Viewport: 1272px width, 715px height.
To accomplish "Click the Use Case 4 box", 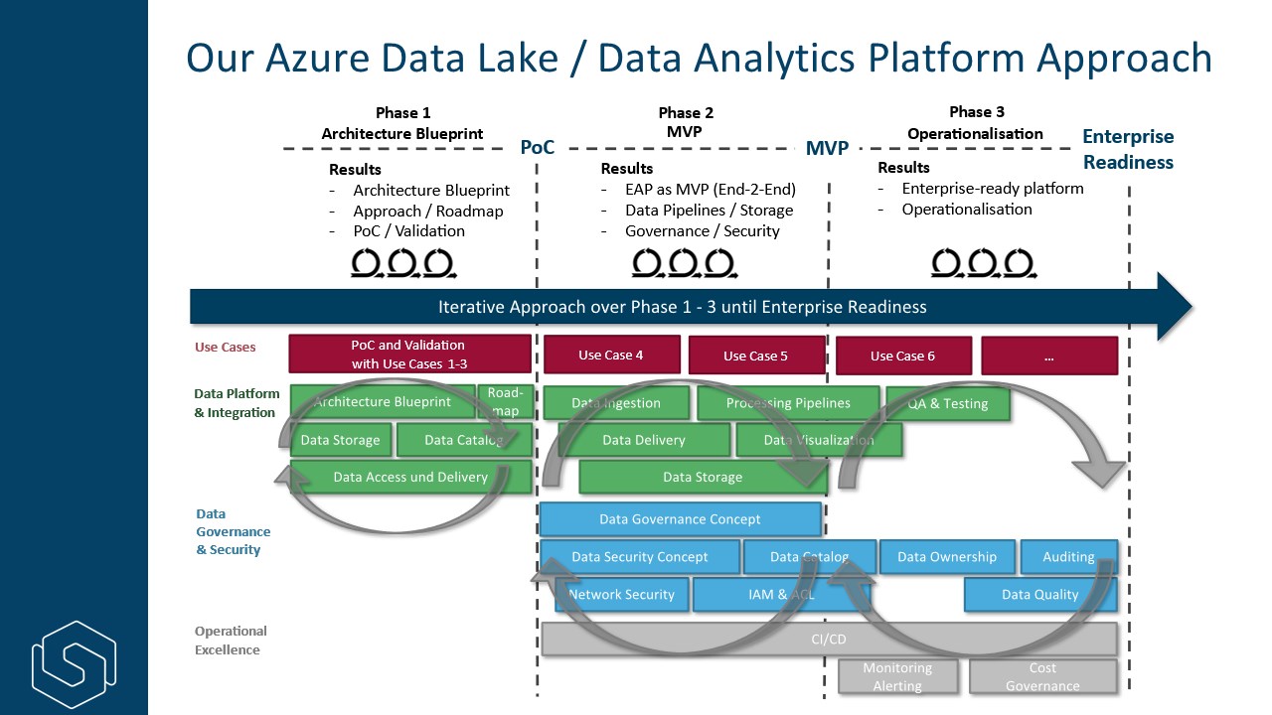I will pos(611,355).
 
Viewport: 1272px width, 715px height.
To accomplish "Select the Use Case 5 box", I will pos(755,356).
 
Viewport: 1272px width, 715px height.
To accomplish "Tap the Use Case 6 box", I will pos(902,356).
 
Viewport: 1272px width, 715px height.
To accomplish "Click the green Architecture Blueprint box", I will pos(383,402).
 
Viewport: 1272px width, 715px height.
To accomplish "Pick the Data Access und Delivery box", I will pos(410,477).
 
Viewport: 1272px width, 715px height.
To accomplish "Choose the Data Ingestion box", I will pos(616,403).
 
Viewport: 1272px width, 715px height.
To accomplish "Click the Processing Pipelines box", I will pos(788,403).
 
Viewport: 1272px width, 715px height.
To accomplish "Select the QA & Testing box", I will pos(948,403).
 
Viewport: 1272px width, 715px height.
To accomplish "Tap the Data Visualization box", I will pos(819,440).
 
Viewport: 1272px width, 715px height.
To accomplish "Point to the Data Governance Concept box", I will pos(680,518).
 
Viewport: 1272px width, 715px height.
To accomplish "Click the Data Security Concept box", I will pos(640,557).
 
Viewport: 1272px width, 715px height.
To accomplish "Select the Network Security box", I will pos(621,594).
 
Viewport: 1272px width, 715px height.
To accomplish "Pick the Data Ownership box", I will pos(946,557).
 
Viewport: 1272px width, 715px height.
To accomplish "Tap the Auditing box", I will pos(1068,557).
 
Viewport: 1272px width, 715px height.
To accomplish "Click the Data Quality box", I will pos(1039,594).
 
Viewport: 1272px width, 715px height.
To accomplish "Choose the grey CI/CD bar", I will pos(829,639).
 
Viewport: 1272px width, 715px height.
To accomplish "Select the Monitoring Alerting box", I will pos(897,676).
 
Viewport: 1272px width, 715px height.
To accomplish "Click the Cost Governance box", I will pos(1042,676).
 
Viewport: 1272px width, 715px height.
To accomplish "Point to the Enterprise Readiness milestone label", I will pos(1128,149).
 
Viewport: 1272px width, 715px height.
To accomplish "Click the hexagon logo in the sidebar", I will pos(74,663).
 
